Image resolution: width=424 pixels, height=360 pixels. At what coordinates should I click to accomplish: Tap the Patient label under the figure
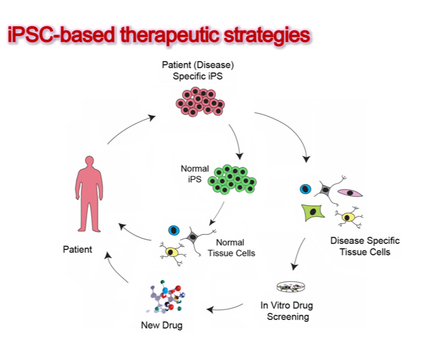[x=77, y=249]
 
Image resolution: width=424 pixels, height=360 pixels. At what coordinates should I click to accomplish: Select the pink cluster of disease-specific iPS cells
[x=200, y=102]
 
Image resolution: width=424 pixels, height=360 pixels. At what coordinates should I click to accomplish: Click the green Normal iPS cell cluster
[x=232, y=179]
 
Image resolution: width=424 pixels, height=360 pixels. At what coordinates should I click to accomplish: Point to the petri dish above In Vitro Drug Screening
[x=291, y=287]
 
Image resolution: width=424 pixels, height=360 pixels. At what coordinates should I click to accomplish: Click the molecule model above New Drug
[x=166, y=297]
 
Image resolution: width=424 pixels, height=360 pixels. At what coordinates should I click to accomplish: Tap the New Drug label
[x=162, y=325]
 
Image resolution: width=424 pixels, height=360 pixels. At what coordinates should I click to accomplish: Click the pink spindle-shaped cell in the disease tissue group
[x=350, y=193]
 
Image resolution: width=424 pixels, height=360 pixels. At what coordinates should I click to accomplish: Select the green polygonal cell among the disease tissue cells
[x=313, y=212]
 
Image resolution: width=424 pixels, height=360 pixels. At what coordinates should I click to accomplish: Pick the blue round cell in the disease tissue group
[x=305, y=189]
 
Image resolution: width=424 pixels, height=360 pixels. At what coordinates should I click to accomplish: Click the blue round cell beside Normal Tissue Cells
[x=174, y=230]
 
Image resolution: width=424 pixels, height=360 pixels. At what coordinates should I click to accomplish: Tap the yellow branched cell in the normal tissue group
[x=172, y=253]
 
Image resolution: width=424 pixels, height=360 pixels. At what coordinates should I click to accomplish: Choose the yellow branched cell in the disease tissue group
[x=348, y=217]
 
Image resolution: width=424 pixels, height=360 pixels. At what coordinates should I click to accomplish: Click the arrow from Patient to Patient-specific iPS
[x=129, y=127]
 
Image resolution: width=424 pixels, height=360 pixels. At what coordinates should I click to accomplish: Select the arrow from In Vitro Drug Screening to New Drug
[x=224, y=308]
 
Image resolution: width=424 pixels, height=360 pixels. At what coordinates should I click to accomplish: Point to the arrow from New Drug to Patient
[x=115, y=268]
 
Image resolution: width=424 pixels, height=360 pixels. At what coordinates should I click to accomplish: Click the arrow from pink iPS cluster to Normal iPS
[x=236, y=141]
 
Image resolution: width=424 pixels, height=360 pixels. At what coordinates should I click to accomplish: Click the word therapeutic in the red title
[x=169, y=35]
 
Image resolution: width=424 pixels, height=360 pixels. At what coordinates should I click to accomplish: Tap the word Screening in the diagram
[x=288, y=316]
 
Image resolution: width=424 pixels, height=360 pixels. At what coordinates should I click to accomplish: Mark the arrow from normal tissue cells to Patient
[x=134, y=235]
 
